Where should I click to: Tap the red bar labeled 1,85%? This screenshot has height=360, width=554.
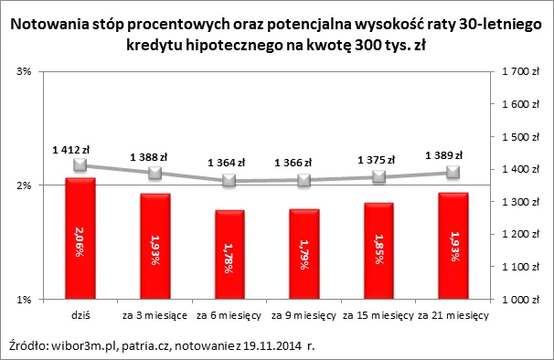[378, 250]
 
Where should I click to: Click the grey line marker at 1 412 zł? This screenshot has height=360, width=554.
[80, 165]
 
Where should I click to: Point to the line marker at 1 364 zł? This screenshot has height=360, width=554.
[230, 181]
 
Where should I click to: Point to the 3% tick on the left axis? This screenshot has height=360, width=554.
[26, 71]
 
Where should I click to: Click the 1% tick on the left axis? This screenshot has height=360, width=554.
[26, 300]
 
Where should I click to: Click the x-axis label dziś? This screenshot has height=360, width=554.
[80, 316]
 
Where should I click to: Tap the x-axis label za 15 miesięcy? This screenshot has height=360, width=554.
[378, 316]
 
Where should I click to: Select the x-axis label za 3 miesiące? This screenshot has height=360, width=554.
[155, 316]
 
